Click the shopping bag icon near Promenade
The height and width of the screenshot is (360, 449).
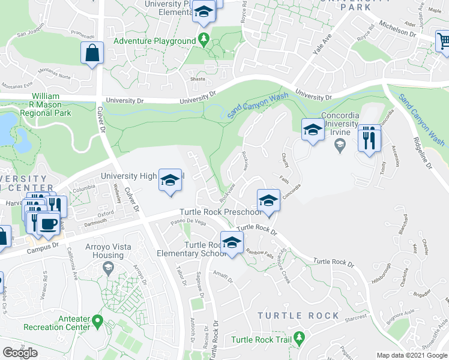pos(92,53)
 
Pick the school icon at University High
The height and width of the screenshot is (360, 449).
pos(170,180)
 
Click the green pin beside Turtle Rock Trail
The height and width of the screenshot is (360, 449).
pos(298,340)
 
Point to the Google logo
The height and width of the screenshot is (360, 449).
pos(20,353)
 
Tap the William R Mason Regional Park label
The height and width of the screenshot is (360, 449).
pos(46,104)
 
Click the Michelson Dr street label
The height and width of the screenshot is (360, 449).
pos(396,29)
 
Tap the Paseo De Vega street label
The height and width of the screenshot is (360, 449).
pos(188,221)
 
